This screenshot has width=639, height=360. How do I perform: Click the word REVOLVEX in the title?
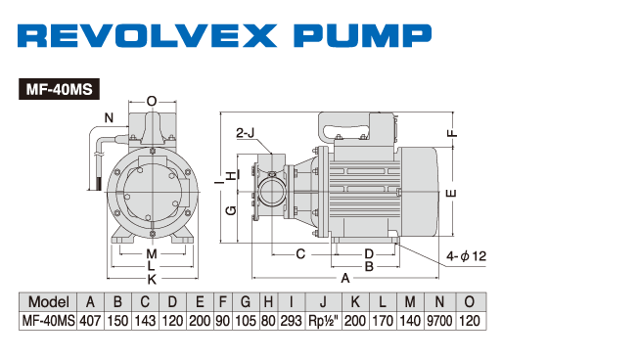click(147, 35)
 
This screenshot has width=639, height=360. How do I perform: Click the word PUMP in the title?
click(362, 35)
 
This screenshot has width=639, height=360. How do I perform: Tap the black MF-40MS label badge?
click(59, 89)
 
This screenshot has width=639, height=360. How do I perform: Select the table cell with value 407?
click(90, 321)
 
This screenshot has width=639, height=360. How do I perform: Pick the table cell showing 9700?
click(439, 321)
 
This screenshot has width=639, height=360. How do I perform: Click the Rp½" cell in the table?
click(323, 321)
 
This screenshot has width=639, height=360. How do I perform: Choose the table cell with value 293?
click(291, 321)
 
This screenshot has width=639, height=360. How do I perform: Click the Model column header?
click(48, 301)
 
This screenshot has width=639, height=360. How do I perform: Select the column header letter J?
click(323, 301)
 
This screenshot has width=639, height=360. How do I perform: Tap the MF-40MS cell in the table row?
click(48, 321)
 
